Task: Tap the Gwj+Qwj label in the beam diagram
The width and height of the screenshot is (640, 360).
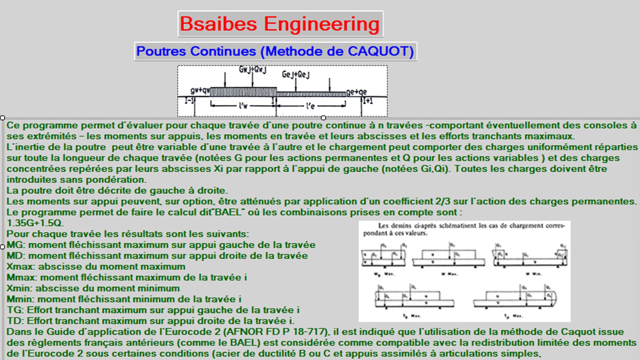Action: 253,70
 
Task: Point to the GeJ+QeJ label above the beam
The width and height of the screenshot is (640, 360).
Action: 296,75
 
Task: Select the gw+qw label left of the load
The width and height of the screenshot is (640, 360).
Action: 200,91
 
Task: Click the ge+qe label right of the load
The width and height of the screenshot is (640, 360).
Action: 356,92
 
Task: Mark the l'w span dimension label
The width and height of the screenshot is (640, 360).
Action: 243,106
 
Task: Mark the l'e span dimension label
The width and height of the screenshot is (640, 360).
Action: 310,106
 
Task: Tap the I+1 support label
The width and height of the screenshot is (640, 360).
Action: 368,100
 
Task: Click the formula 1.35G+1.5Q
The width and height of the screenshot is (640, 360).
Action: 35,223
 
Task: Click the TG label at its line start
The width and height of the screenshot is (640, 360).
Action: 14,310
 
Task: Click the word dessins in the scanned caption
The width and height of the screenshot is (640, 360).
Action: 402,226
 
